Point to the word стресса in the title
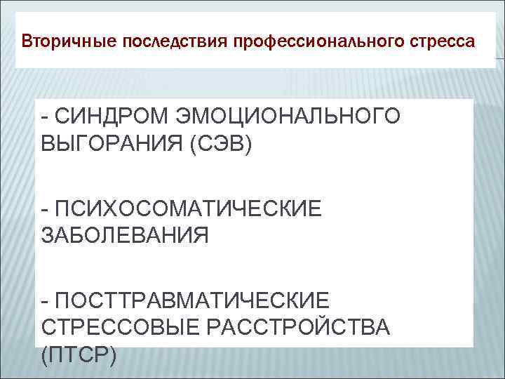coord(443,41)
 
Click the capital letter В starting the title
coord(26,41)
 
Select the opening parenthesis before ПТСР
coord(45,354)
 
